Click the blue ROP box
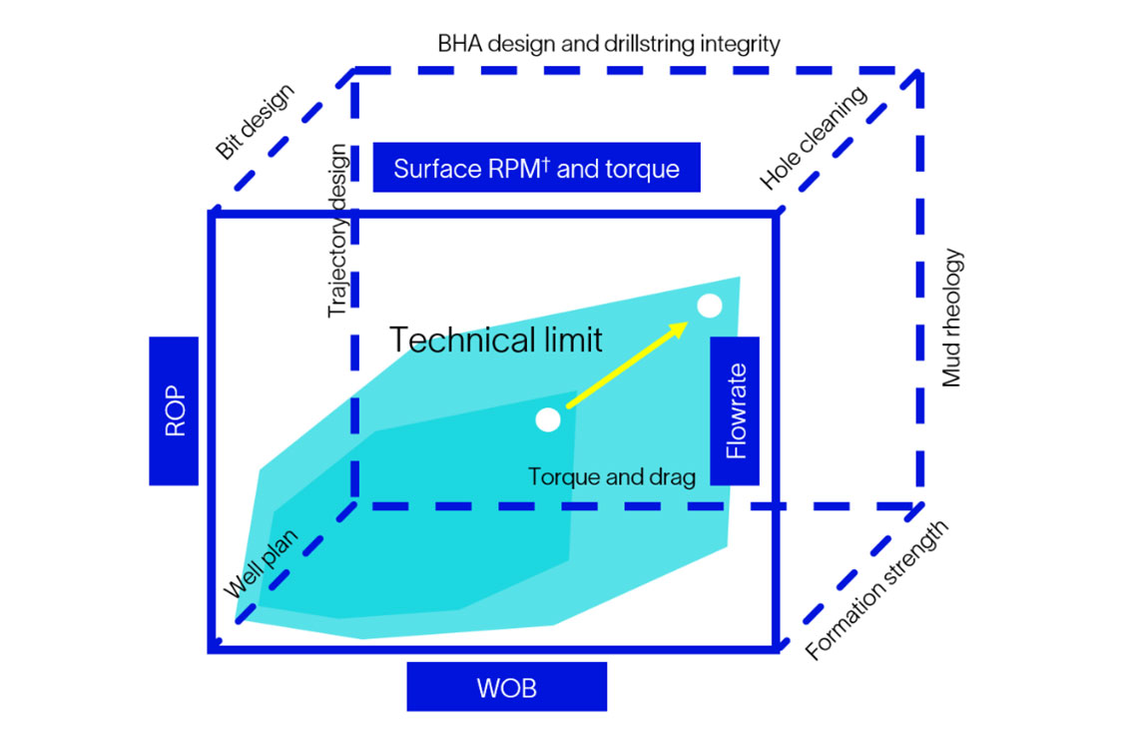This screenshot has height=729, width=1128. (174, 410)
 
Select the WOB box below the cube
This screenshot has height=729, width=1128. (506, 687)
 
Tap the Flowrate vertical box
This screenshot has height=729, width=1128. (735, 410)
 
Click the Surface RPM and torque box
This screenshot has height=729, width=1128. (536, 168)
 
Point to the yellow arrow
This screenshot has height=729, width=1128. (627, 364)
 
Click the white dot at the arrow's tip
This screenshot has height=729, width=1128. (709, 307)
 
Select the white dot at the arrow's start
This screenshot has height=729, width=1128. (547, 419)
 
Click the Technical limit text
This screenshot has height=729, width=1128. (496, 341)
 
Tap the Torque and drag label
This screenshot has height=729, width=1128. (611, 476)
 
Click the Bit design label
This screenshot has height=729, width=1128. (256, 123)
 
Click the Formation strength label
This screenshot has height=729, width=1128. (877, 591)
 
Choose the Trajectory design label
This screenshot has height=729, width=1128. (338, 231)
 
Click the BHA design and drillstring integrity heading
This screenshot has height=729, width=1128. (609, 44)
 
